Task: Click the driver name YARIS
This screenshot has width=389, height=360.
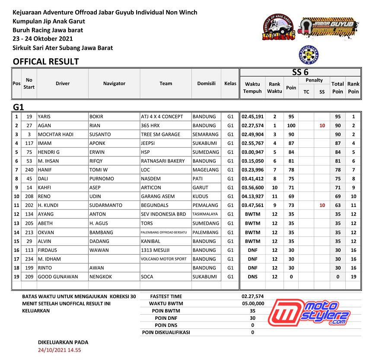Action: click(x=45, y=117)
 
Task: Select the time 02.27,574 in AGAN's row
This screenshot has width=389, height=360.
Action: click(x=252, y=126)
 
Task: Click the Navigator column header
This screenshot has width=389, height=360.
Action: click(x=114, y=83)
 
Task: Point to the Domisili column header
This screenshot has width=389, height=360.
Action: click(x=206, y=83)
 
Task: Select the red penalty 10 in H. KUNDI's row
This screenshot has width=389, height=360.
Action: click(x=322, y=205)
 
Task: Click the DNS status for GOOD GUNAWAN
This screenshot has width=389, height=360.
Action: click(x=252, y=277)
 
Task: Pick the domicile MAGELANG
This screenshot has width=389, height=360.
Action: click(x=206, y=170)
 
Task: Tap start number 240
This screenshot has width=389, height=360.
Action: click(x=29, y=170)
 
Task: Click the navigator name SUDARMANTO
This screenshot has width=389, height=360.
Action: click(x=106, y=205)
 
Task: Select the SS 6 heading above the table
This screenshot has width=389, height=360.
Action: click(x=300, y=73)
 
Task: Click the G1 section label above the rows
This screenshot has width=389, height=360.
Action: click(x=19, y=107)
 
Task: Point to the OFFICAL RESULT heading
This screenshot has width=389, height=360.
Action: click(x=46, y=61)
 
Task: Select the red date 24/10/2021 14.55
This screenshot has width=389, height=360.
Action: click(x=60, y=350)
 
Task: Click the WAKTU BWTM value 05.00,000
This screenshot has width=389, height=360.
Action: click(x=252, y=303)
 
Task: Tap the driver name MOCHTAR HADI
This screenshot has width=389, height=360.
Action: click(x=56, y=134)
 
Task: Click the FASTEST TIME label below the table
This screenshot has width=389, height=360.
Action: click(x=166, y=296)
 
